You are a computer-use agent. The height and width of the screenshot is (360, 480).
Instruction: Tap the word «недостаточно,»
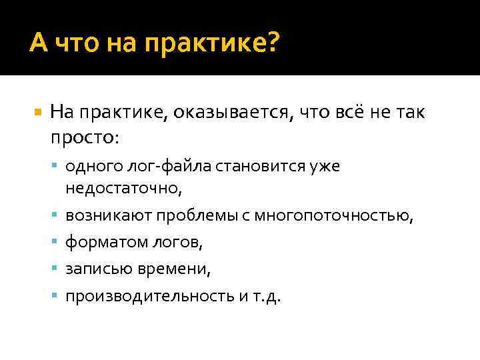coord(123,189)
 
